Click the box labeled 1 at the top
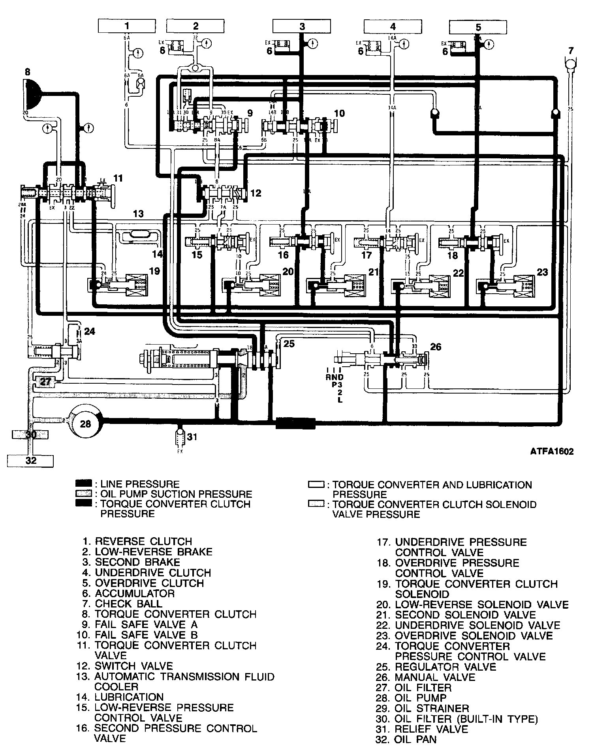(127, 26)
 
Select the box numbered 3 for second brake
(302, 26)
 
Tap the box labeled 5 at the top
(478, 27)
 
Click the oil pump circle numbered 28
(86, 424)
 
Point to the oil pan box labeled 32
(30, 460)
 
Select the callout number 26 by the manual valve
(436, 347)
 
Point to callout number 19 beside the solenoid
(154, 271)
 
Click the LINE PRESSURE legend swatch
(84, 484)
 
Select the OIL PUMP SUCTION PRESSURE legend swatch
(84, 494)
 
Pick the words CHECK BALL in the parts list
(128, 604)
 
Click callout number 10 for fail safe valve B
(339, 114)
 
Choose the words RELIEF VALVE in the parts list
(431, 729)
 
